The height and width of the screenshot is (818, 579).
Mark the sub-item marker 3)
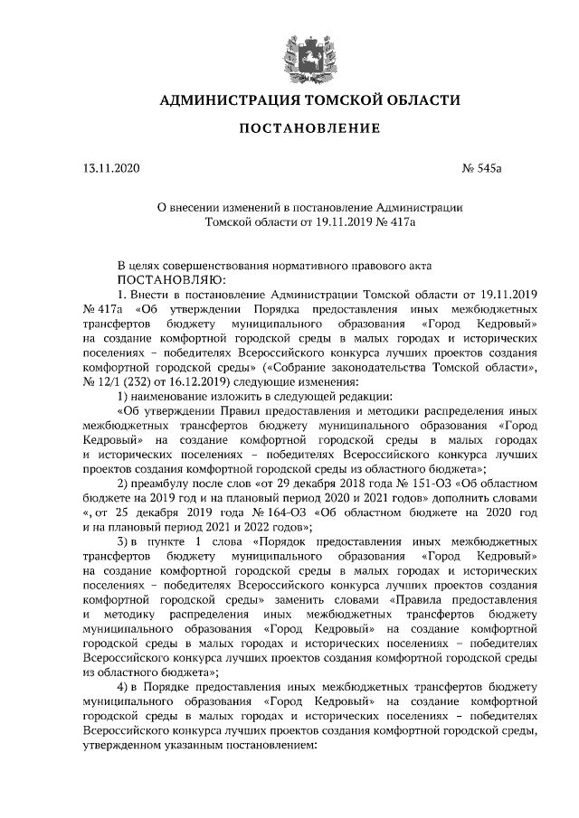126,541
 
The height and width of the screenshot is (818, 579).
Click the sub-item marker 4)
126,688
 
